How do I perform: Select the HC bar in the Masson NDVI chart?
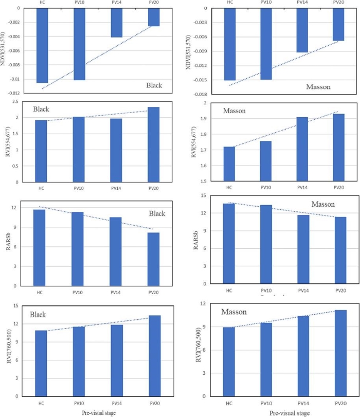click(x=230, y=44)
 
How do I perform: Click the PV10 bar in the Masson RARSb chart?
click(x=266, y=244)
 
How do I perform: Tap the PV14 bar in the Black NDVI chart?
click(x=116, y=23)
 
